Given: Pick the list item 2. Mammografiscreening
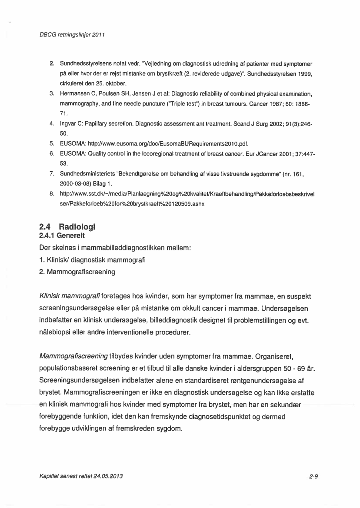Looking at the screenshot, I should pyautogui.click(x=77, y=272).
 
